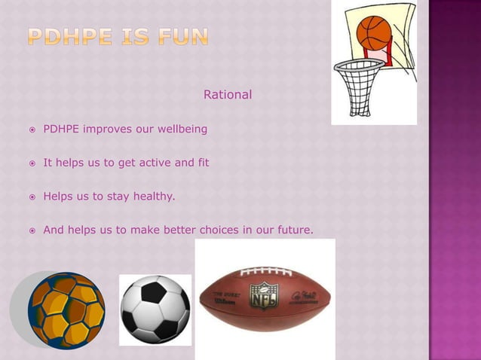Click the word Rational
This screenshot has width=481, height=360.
228,95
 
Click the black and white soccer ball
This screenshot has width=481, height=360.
155,310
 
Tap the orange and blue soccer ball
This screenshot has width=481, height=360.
66,310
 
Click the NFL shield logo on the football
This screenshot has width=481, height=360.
264,294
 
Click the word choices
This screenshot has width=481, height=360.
216,230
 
